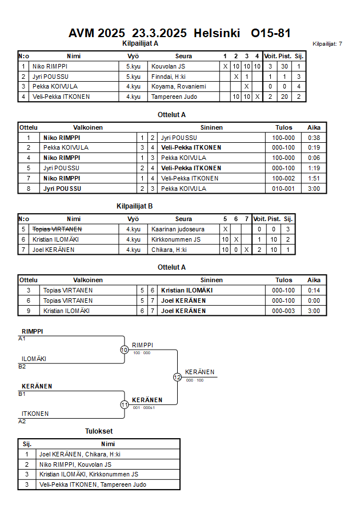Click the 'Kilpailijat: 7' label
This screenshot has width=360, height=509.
[327, 44]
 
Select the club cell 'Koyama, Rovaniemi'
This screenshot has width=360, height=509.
[178, 86]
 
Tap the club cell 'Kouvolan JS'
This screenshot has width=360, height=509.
[168, 66]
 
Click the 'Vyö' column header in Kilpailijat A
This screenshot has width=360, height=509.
[133, 56]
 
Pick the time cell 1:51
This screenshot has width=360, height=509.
[314, 178]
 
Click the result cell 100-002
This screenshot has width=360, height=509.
[283, 178]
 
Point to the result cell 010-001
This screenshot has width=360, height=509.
[283, 189]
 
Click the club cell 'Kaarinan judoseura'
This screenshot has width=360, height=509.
[178, 229]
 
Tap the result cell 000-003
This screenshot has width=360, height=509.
[283, 311]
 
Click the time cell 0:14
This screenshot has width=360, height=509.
[314, 290]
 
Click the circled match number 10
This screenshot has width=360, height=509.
[124, 350]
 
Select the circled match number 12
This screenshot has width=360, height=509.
[177, 377]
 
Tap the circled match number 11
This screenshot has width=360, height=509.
[124, 404]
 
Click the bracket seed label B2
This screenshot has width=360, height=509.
[22, 366]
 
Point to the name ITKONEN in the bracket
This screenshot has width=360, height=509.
[35, 414]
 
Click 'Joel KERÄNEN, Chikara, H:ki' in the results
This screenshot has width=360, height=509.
[80, 454]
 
